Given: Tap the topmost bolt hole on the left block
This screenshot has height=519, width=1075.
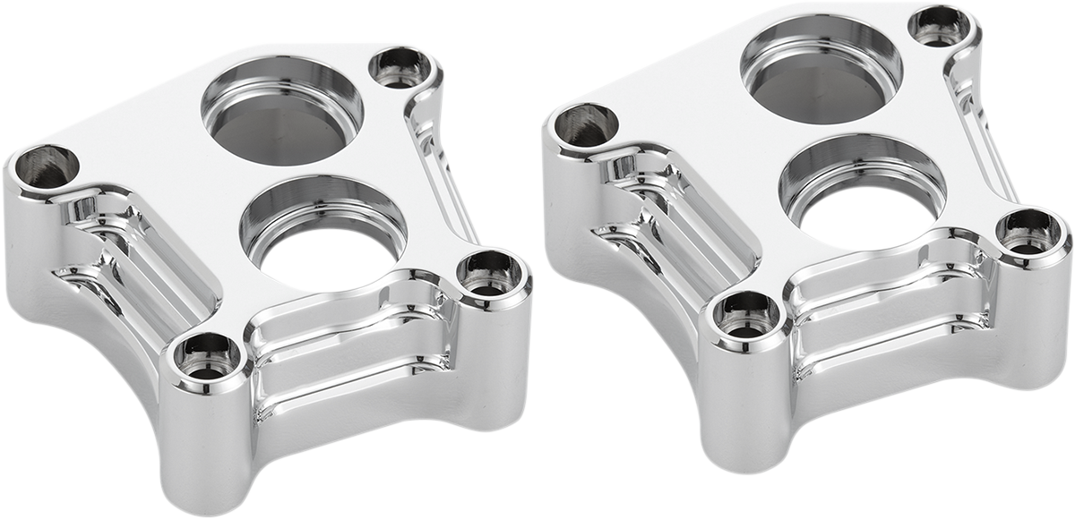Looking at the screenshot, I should [x=400, y=67].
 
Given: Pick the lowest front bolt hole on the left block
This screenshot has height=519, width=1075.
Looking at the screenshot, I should [x=206, y=356].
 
